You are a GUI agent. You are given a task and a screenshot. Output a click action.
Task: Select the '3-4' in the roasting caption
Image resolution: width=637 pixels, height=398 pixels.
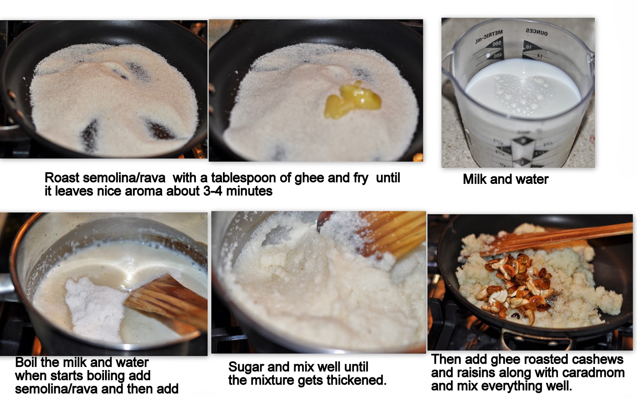(213, 191)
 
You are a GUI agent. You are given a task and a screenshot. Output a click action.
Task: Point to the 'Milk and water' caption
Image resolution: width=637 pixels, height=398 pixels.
(506, 179)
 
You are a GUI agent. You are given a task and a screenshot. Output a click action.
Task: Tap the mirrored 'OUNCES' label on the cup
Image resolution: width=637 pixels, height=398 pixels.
(537, 32)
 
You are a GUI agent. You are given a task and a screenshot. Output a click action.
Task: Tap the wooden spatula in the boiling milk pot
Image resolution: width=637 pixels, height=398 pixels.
(168, 301)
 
